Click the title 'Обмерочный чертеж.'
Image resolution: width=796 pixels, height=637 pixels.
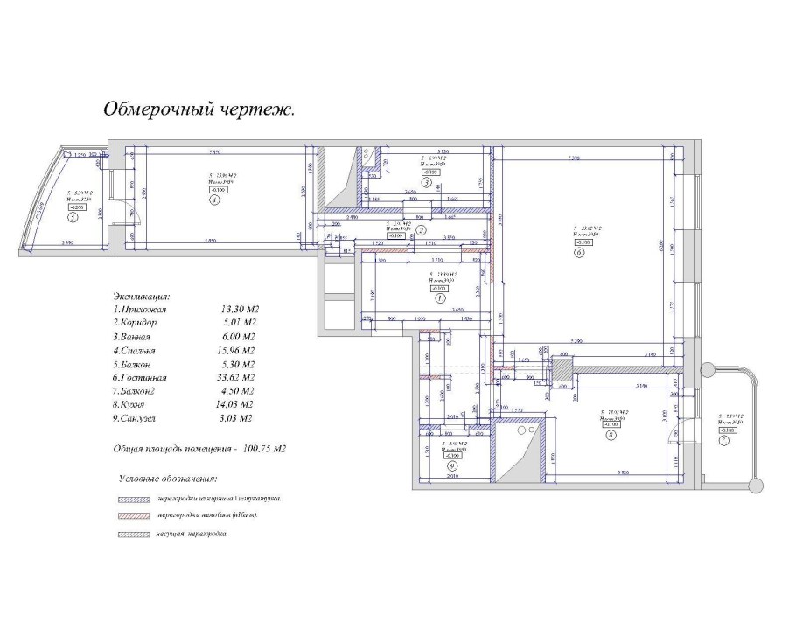tap(199, 110)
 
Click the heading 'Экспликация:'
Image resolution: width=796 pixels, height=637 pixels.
tap(142, 297)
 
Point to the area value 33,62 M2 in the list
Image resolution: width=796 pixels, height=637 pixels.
tap(238, 377)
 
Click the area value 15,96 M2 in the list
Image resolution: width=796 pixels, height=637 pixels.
tap(238, 350)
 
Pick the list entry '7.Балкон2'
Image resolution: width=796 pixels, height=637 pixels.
tap(142, 391)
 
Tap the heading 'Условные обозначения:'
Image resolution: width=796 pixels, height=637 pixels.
tap(168, 479)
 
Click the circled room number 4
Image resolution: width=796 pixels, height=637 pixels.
tap(213, 199)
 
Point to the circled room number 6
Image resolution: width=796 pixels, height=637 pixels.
tap(579, 254)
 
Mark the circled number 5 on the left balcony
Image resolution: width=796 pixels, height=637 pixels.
tap(73, 219)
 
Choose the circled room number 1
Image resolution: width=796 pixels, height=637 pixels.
tap(440, 297)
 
